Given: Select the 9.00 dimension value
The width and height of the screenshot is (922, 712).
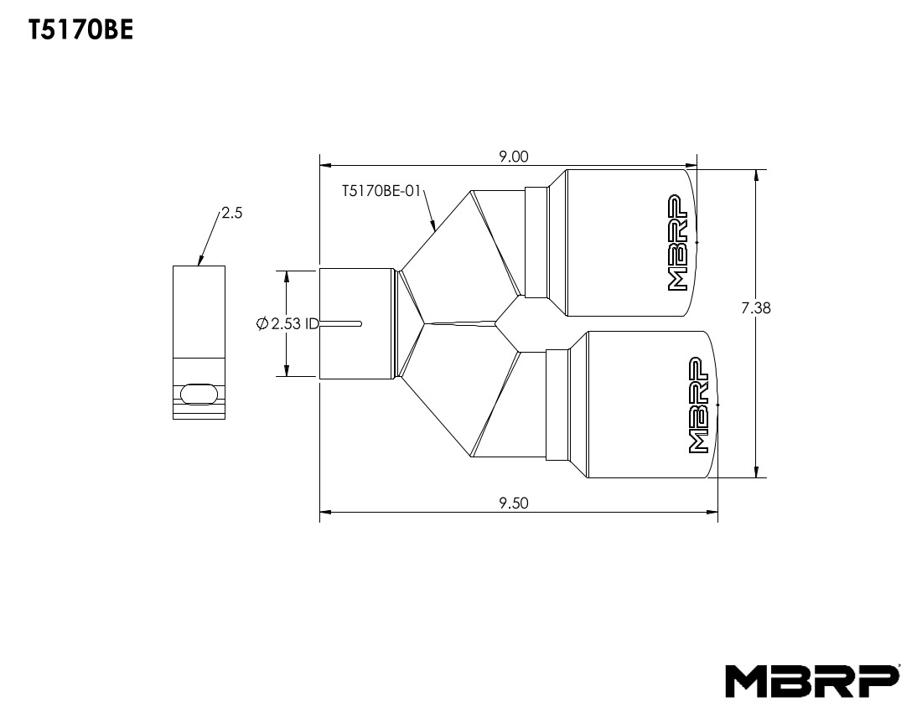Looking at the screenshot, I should [x=512, y=156].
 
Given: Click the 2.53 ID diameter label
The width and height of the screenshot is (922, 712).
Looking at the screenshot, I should [x=293, y=323].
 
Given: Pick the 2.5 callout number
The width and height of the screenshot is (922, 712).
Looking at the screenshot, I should [x=232, y=214].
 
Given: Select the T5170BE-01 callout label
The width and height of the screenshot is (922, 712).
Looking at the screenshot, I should [x=381, y=191].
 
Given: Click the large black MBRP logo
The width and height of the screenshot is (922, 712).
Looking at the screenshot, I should [x=812, y=682].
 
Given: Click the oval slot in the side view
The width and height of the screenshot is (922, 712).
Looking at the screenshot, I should [x=199, y=394].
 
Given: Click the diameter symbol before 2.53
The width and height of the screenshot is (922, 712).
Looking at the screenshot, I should [x=262, y=323].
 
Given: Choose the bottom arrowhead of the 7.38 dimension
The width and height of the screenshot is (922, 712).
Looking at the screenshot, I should [x=757, y=472].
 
